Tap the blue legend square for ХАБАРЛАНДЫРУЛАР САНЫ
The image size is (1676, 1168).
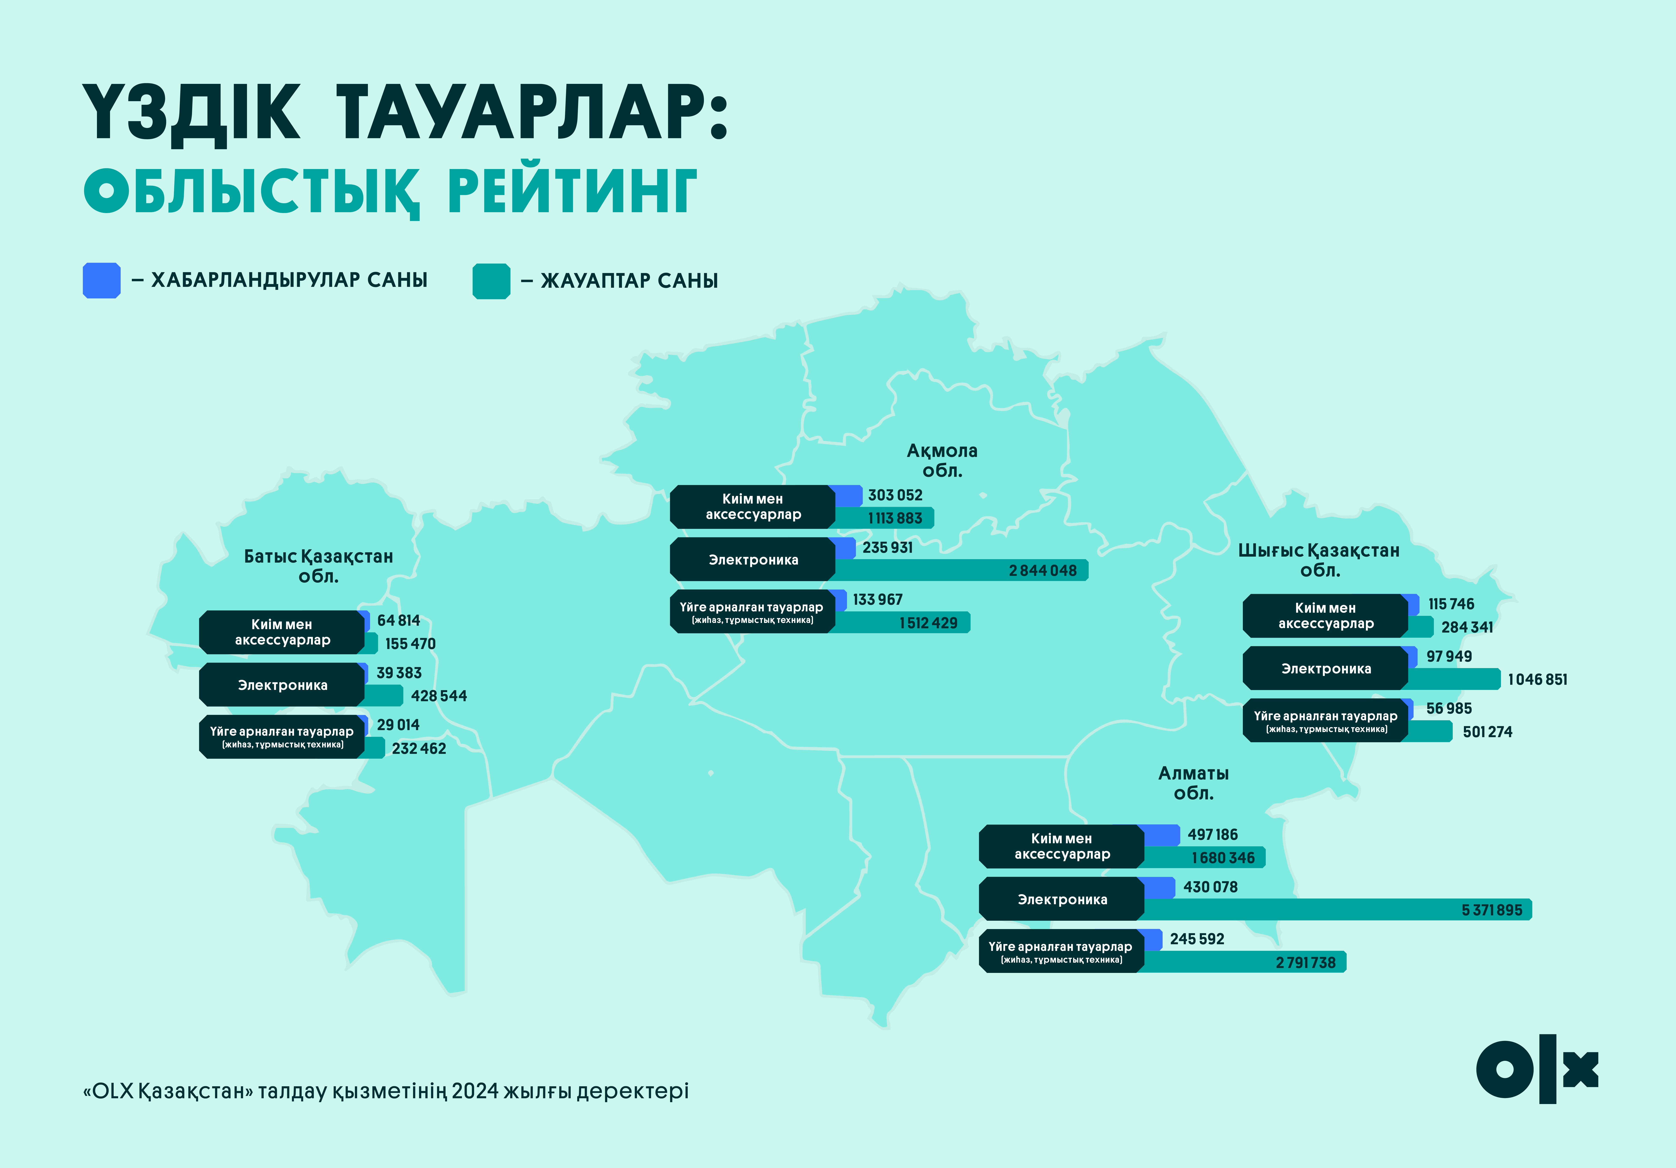pos(101,280)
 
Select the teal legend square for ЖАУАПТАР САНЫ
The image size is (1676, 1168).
pos(491,281)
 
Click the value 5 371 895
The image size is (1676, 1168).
pos(1491,910)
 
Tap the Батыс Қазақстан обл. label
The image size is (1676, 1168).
pos(318,566)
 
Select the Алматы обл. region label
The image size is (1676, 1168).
pos(1194,783)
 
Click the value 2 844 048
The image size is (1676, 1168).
pos(1042,571)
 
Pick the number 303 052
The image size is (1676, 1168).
pos(895,495)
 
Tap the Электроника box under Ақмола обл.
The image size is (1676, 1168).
pos(752,560)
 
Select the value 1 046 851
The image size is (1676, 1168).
pos(1537,679)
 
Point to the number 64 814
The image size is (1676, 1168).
pos(399,620)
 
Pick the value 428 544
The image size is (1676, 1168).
pos(439,696)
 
